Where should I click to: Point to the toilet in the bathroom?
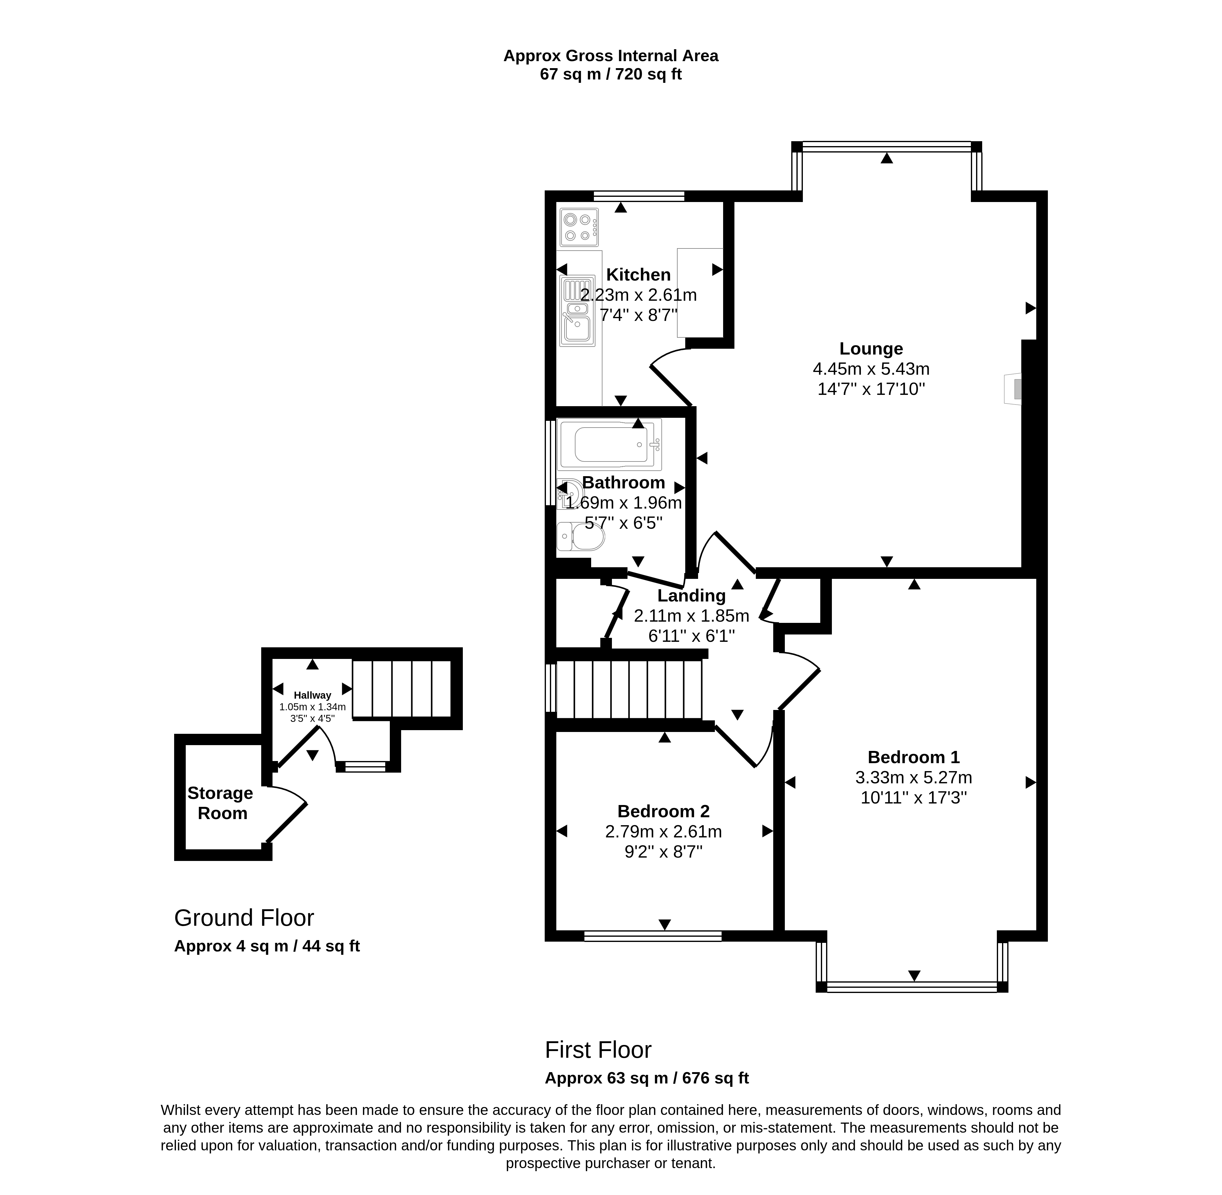(580, 537)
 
